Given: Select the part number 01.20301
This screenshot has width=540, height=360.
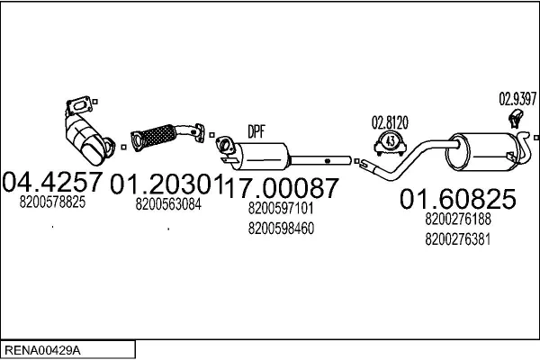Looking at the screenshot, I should pyautogui.click(x=166, y=184).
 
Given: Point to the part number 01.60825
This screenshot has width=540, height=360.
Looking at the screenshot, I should pyautogui.click(x=457, y=197).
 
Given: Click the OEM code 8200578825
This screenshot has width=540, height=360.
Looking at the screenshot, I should pyautogui.click(x=52, y=202).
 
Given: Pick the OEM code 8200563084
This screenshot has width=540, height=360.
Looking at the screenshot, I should pyautogui.click(x=168, y=203).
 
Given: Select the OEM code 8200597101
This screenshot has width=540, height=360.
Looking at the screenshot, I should pyautogui.click(x=281, y=209).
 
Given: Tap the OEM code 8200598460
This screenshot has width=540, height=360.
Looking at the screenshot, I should pyautogui.click(x=281, y=228).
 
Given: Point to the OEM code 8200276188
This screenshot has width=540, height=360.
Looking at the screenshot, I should pyautogui.click(x=457, y=219).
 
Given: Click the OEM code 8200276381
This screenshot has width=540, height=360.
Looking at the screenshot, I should pyautogui.click(x=457, y=238).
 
